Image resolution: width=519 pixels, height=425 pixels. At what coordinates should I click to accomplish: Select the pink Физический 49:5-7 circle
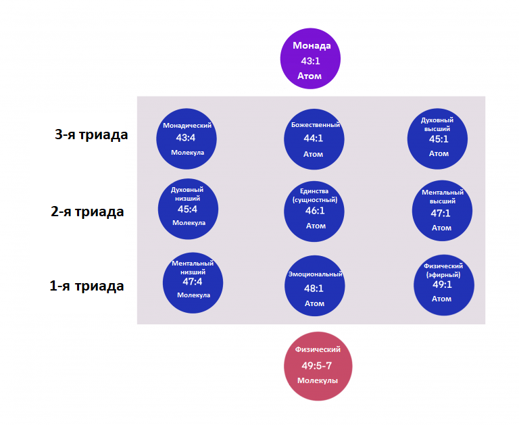click(x=317, y=365)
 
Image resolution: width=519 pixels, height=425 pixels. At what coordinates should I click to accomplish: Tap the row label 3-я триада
click(x=91, y=134)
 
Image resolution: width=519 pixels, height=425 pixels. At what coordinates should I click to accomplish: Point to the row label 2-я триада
click(x=87, y=211)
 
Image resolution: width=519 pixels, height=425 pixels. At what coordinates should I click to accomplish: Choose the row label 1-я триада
click(x=86, y=286)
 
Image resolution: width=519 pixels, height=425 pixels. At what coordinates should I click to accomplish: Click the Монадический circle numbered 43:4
click(x=187, y=139)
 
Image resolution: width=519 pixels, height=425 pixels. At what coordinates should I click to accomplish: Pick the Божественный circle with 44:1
click(x=314, y=139)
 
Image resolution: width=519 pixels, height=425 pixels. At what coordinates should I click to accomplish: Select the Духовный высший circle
click(x=438, y=139)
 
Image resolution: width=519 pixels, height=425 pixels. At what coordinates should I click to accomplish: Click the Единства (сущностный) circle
click(x=315, y=211)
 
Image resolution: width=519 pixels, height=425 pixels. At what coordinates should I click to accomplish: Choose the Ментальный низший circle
click(x=193, y=282)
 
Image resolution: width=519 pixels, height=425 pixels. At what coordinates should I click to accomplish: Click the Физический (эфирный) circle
click(x=443, y=285)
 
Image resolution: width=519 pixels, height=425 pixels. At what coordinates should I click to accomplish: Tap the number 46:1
click(x=315, y=211)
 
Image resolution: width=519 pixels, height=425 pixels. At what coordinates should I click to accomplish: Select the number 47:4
click(x=193, y=282)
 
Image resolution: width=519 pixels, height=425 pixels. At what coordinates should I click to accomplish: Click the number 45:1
click(x=439, y=139)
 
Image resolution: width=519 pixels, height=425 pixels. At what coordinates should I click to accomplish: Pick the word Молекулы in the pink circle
click(x=317, y=380)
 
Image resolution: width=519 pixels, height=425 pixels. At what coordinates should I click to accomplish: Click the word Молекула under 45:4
click(x=188, y=223)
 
